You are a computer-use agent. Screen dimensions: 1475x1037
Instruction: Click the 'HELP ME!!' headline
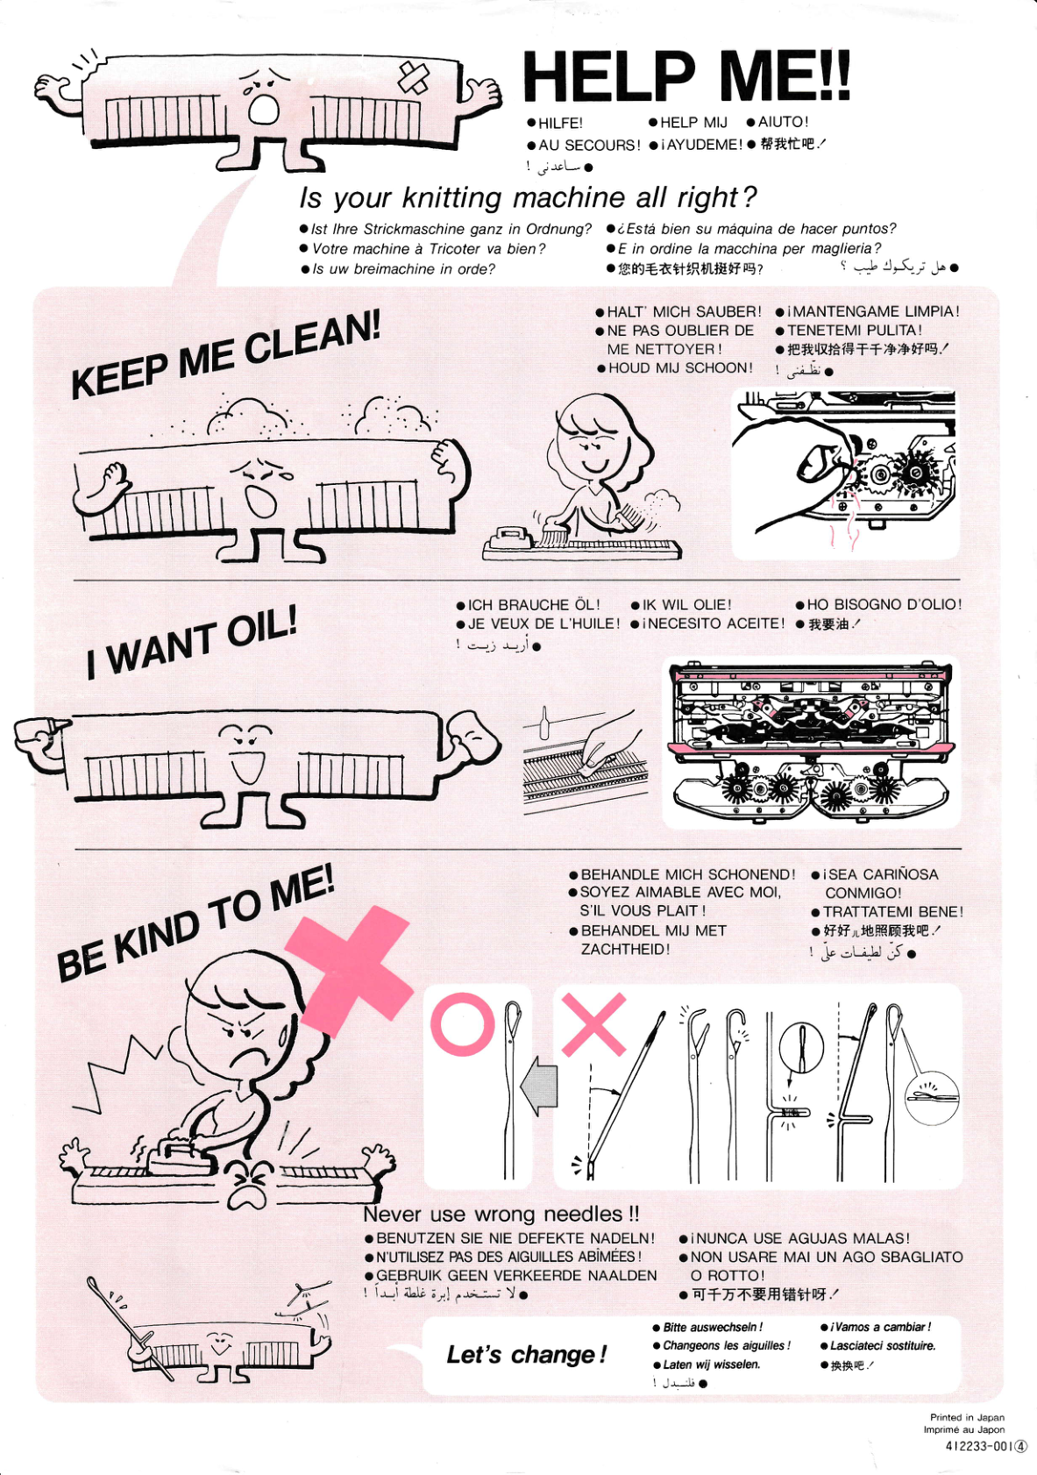pos(685,76)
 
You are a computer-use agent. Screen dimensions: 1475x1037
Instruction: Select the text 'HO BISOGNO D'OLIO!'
pos(884,604)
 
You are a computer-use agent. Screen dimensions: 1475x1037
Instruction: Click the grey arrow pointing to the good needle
pos(538,1085)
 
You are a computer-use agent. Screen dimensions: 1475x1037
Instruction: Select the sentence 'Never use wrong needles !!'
pos(501,1214)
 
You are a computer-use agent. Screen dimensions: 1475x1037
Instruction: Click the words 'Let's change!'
pos(526,1355)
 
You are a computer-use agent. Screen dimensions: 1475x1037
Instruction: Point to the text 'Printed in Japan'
pos(967,1417)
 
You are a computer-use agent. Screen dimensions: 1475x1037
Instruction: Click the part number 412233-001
pos(978,1446)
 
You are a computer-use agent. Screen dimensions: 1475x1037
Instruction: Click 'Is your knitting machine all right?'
pos(528,197)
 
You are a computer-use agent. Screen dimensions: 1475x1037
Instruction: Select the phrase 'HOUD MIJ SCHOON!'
pos(679,368)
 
